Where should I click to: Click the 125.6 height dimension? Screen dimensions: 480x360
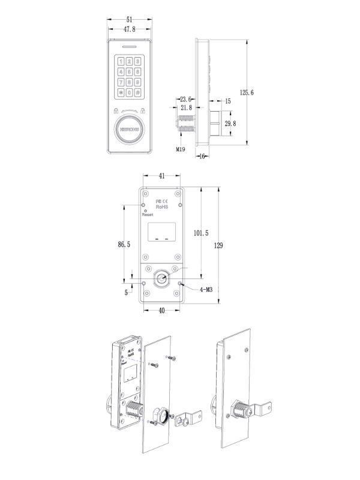247,92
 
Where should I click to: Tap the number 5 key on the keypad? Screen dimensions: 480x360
129,71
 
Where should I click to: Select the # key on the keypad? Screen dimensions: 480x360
137,92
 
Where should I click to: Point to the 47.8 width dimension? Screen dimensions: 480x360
129,28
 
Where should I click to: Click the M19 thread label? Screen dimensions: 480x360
180,149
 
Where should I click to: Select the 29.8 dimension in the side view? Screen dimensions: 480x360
230,123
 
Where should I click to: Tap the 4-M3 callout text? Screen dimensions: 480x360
206,290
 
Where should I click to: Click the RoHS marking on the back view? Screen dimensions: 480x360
161,207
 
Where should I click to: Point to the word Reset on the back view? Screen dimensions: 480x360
148,214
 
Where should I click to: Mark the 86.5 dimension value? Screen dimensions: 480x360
124,244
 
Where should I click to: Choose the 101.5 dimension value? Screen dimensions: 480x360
202,233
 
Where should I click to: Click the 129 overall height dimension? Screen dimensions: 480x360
219,245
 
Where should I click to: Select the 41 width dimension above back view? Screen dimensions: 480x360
161,176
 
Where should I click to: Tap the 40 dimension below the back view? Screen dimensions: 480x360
161,310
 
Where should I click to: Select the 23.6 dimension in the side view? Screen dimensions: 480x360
185,100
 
